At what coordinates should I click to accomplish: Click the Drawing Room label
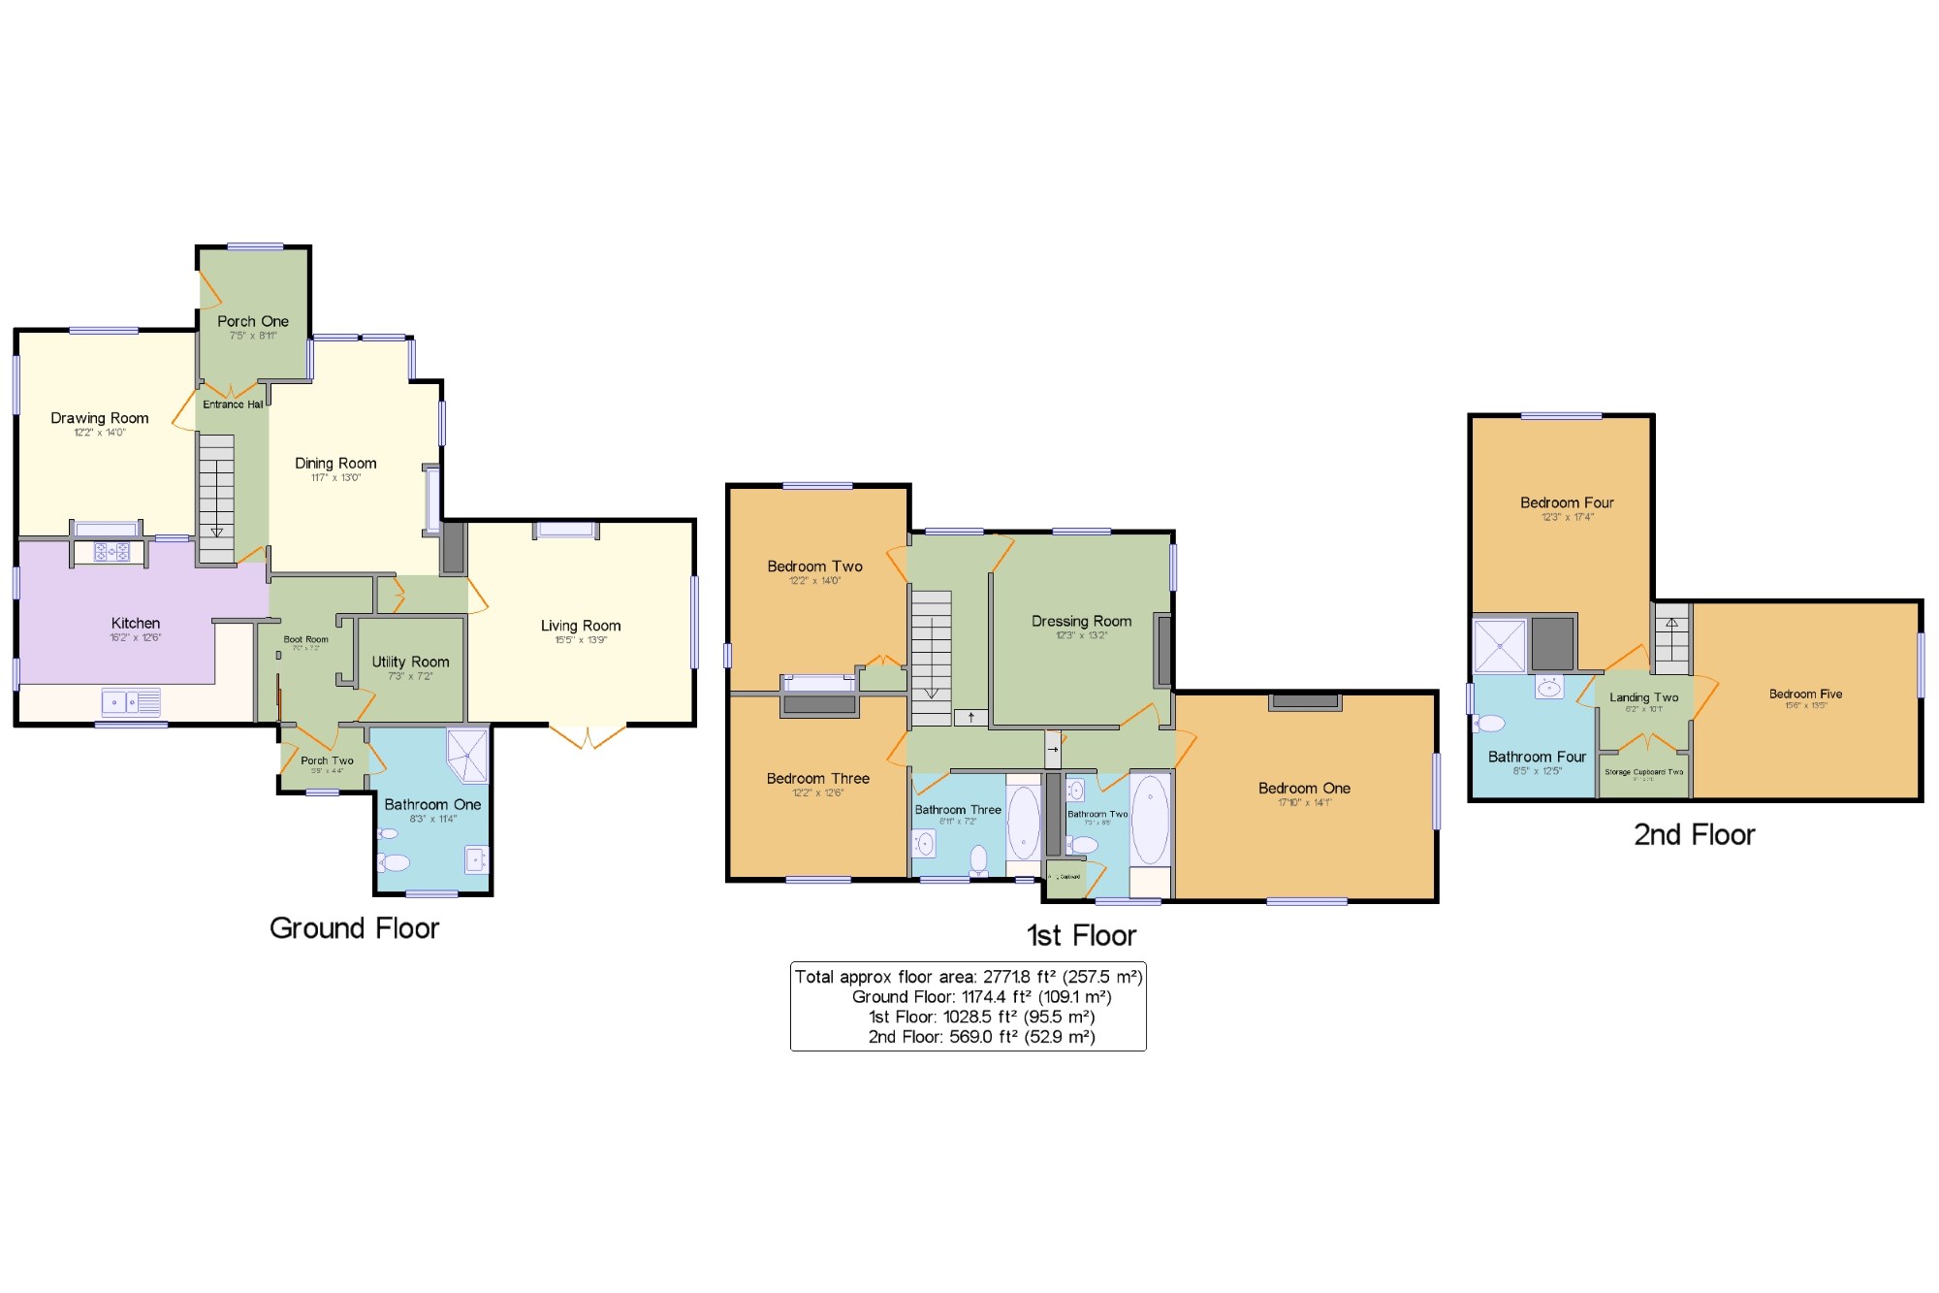[x=100, y=418]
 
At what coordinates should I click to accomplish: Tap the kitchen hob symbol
[x=111, y=552]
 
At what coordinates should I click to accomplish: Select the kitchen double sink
[x=131, y=701]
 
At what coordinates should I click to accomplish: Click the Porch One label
[x=252, y=321]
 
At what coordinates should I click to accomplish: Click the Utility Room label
[x=410, y=662]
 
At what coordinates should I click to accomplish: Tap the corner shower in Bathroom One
[x=468, y=755]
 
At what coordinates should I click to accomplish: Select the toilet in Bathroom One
[x=394, y=862]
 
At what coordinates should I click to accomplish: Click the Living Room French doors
[x=588, y=737]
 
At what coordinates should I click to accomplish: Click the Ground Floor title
[x=354, y=928]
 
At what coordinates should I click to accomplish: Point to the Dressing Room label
[x=1081, y=621]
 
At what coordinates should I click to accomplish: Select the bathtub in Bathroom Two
[x=1150, y=820]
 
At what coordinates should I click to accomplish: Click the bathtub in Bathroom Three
[x=1023, y=823]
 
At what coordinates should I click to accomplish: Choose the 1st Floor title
[x=1081, y=935]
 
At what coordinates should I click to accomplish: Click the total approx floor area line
[x=968, y=977]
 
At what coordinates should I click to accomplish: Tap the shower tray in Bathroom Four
[x=1499, y=645]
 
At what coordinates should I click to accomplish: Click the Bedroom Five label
[x=1805, y=694]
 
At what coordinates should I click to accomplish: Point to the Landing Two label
[x=1643, y=697]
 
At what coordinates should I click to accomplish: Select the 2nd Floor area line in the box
[x=981, y=1037]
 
